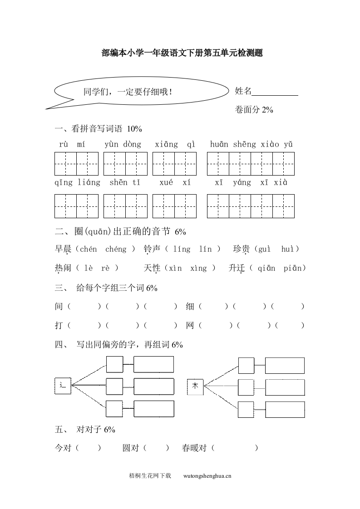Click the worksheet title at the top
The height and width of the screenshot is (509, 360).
182,53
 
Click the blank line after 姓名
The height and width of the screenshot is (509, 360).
275,93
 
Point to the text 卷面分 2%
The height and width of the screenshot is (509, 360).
254,109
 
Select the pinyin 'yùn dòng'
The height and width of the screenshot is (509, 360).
123,145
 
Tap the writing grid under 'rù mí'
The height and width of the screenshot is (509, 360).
76,164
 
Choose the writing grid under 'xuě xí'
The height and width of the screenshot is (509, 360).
174,206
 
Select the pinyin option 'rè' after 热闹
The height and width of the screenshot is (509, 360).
105,268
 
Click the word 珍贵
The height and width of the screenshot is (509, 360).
241,249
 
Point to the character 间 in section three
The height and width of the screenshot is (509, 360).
59,307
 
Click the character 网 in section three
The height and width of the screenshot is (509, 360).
190,326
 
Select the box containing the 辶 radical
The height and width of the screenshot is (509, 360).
63,386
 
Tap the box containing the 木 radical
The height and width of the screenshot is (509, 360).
195,386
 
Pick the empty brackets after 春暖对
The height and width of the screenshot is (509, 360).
235,448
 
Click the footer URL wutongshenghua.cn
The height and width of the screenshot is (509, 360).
207,476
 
